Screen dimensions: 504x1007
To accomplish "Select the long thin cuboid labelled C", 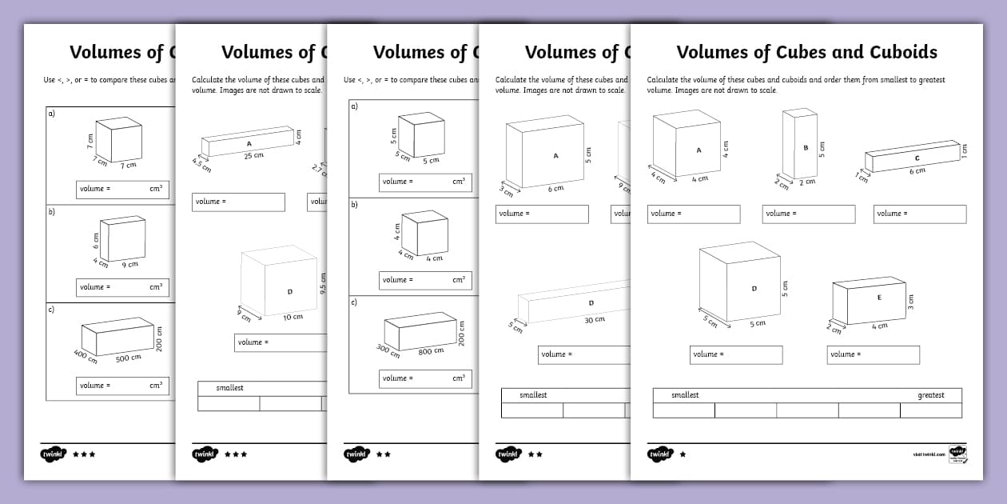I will [x=911, y=157].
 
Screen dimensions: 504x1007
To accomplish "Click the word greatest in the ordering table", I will [x=930, y=395].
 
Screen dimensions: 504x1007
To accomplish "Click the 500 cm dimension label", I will [x=128, y=358].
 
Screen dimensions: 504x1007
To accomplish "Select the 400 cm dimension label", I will [x=86, y=356].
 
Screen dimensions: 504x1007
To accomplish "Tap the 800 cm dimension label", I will [x=431, y=351].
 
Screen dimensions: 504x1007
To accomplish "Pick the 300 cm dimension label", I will [x=388, y=350].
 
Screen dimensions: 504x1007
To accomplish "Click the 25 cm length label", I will [x=253, y=155].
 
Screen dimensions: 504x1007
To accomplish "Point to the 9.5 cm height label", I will [x=323, y=283].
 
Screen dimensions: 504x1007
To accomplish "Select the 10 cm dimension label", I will [x=293, y=318].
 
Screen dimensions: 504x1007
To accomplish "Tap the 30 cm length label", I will [x=595, y=319].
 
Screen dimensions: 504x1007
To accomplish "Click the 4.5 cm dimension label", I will [x=201, y=164].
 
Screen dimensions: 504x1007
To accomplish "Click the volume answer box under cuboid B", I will [x=809, y=214].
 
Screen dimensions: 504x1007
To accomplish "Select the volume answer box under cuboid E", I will [x=873, y=354].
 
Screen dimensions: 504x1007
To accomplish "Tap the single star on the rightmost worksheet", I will [x=682, y=454].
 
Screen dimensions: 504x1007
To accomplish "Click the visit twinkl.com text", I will [x=929, y=454].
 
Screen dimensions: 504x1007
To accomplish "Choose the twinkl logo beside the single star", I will [x=659, y=454].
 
